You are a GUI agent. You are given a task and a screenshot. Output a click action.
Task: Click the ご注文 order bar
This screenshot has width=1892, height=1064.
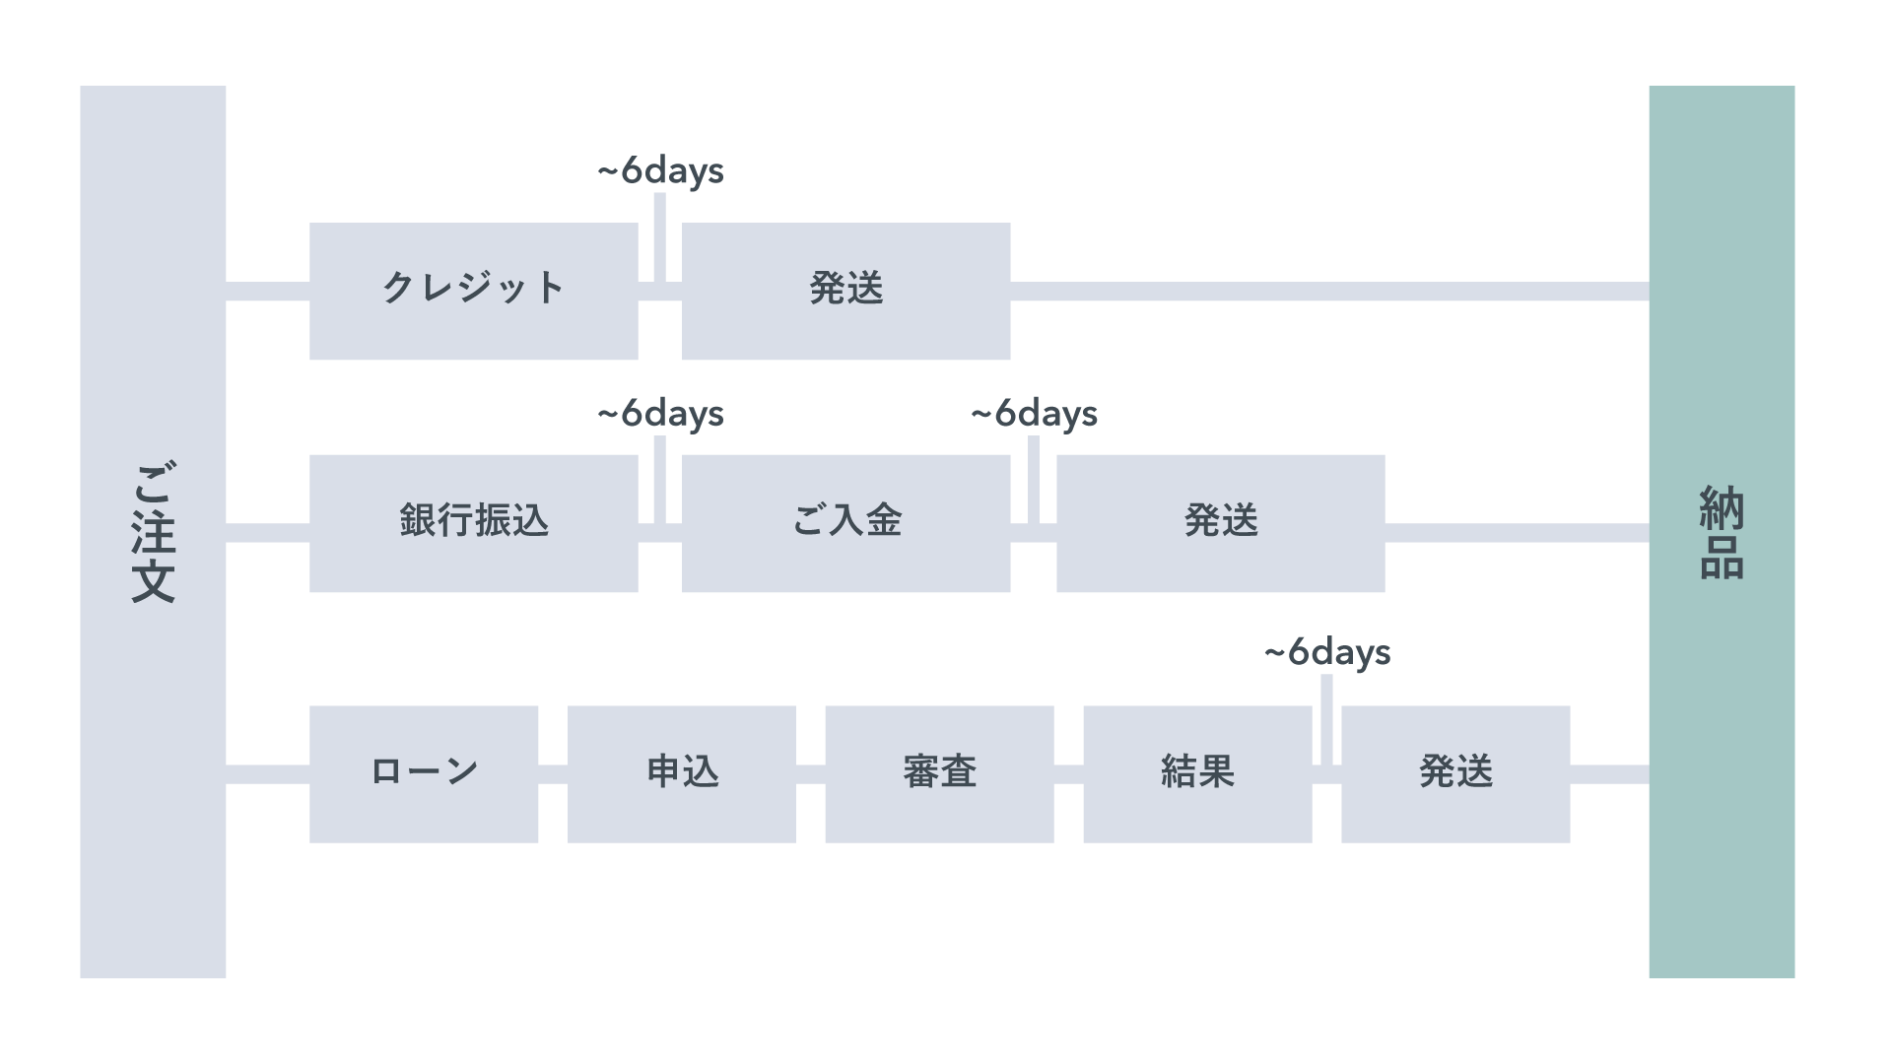point(153,532)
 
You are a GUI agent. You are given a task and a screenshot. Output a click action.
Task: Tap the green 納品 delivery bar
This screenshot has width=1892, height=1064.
point(1722,532)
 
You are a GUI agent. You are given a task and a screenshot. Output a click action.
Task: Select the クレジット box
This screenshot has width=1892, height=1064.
point(473,291)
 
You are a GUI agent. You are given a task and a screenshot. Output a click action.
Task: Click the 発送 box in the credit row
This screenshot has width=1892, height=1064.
point(845,291)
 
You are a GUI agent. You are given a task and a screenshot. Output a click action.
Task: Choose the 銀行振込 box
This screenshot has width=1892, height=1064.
point(473,523)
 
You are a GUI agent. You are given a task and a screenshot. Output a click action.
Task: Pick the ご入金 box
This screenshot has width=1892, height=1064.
point(845,523)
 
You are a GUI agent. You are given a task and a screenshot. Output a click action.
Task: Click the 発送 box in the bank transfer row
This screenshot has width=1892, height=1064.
point(1220,523)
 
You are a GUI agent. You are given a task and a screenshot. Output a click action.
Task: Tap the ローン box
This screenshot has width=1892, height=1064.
point(424,773)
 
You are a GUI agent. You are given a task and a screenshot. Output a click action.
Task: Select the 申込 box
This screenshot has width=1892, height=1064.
point(681,773)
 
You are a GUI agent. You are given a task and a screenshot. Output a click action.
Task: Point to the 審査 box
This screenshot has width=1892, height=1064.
point(939,773)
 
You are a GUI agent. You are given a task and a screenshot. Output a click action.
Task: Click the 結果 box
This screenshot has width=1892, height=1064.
point(1197,773)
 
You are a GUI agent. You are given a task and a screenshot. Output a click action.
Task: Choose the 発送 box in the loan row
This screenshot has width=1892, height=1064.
point(1455,773)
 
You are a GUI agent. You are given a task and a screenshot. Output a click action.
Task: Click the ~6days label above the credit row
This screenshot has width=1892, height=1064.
point(660,171)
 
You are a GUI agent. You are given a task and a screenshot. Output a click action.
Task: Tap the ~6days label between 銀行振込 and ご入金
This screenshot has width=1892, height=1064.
point(660,414)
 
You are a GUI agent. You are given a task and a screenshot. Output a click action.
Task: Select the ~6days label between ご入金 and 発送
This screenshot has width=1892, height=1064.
point(1034,414)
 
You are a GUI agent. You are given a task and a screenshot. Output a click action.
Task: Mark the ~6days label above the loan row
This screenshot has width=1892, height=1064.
point(1326,652)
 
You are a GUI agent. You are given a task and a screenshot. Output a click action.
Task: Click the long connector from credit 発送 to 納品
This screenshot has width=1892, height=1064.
point(1330,292)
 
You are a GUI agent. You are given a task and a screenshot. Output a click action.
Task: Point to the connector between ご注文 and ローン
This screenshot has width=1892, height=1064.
point(267,773)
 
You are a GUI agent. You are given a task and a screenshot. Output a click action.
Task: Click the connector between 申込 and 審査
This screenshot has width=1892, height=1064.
point(810,773)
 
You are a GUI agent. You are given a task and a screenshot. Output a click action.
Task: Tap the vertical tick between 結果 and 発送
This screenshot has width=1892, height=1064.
point(1326,719)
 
